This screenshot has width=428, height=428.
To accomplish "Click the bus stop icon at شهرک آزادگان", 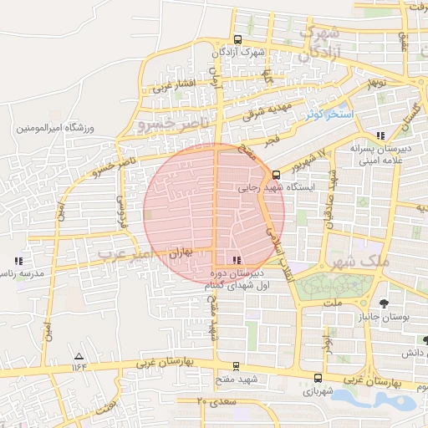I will [x=238, y=39].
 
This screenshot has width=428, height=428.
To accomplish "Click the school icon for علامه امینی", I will [x=381, y=135].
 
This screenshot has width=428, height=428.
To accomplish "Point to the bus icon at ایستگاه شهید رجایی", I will [x=277, y=175].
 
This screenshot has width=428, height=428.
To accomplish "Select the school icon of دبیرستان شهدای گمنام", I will [x=237, y=260].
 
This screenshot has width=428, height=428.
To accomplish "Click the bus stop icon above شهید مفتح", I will [x=237, y=365].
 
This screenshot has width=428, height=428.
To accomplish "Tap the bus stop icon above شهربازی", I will [x=317, y=377].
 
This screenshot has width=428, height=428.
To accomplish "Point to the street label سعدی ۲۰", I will [x=218, y=402].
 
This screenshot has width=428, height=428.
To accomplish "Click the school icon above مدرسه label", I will [x=18, y=262].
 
